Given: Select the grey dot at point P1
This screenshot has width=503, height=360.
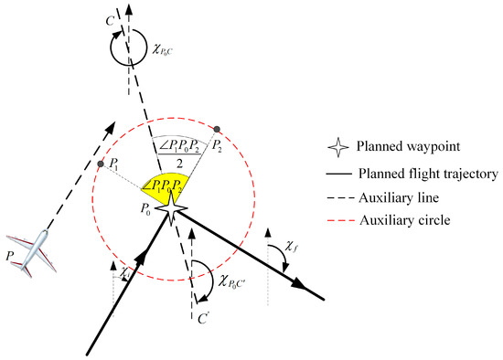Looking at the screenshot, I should click(100, 164).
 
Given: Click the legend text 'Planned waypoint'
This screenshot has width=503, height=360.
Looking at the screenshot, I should click(402, 146).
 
